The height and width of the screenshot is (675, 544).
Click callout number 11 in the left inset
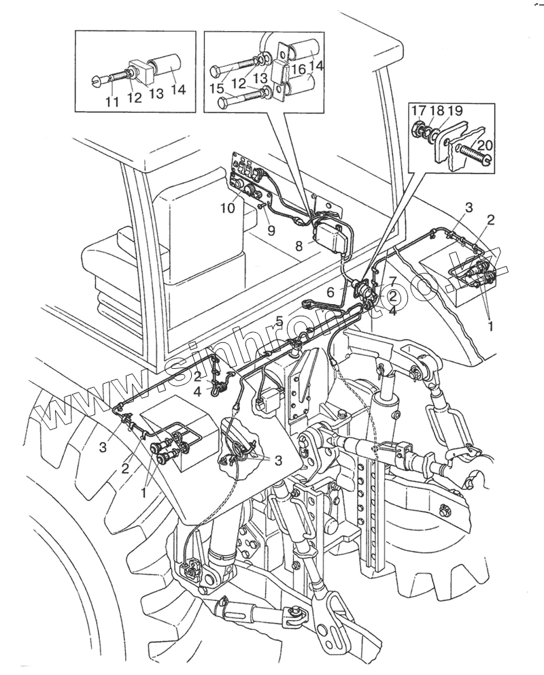point(112,102)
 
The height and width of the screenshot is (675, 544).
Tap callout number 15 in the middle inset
point(217,89)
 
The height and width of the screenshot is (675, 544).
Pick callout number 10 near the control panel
point(227,208)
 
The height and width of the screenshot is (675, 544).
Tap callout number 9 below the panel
point(271,231)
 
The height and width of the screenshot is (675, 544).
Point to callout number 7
point(392,281)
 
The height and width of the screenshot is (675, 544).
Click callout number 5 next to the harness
point(279,320)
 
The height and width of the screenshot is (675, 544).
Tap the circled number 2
point(392,295)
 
